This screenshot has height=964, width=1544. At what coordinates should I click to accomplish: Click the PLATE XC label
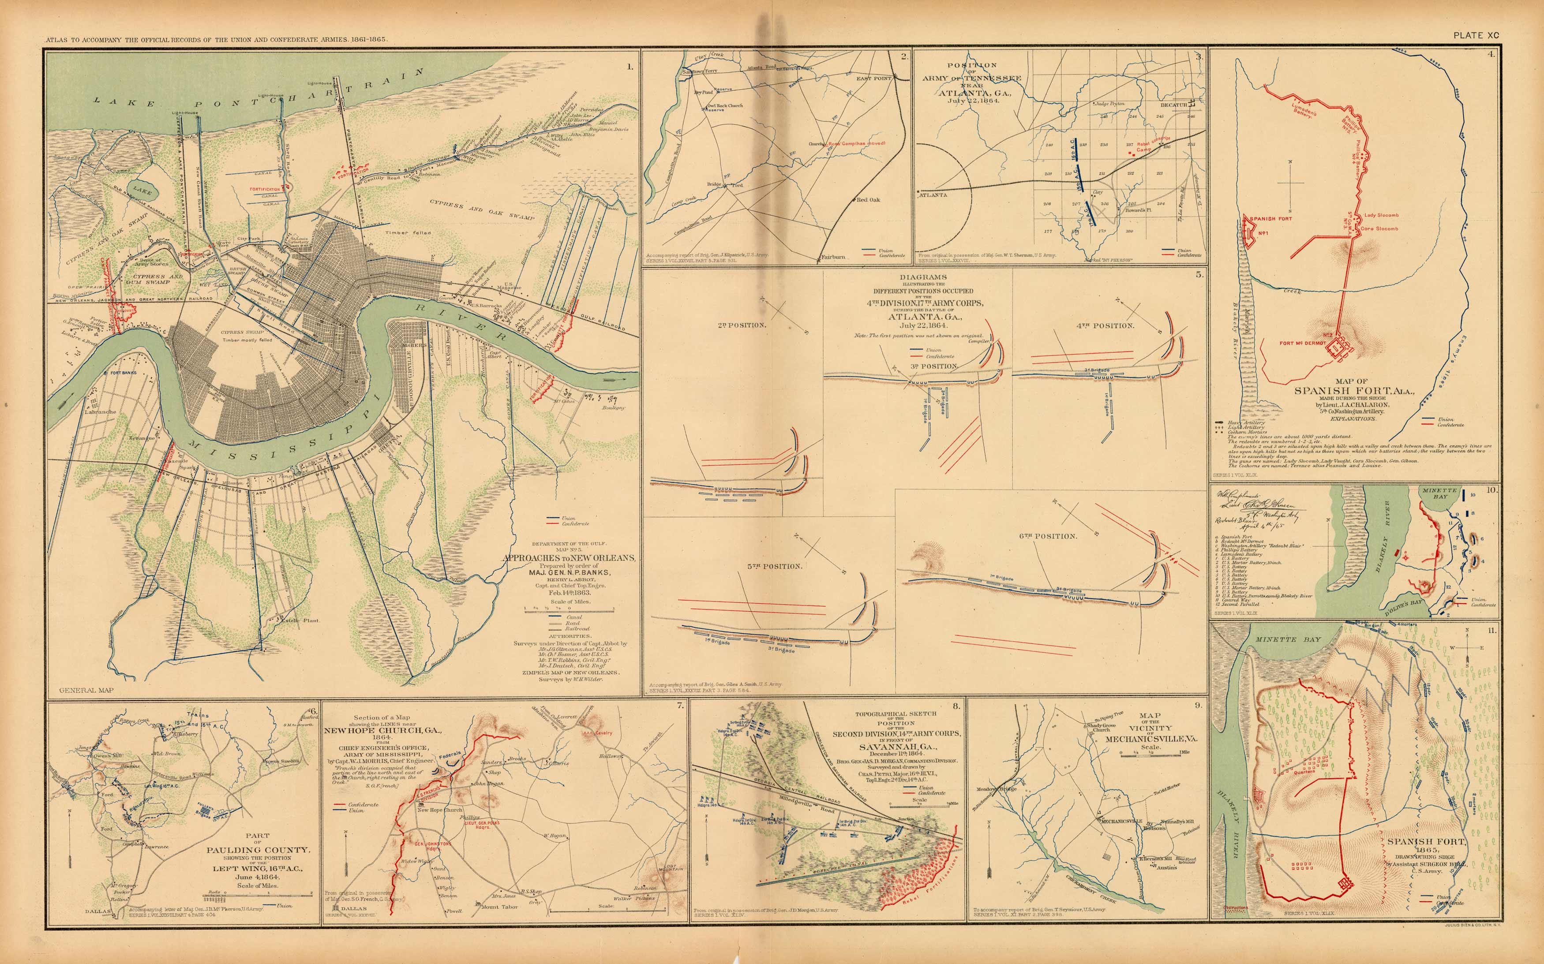(x=1476, y=36)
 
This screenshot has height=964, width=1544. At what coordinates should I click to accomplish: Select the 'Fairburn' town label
(x=833, y=257)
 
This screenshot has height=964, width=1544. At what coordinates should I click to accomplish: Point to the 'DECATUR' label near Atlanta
(x=1174, y=105)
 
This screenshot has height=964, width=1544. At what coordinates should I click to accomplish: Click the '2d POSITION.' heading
(x=741, y=325)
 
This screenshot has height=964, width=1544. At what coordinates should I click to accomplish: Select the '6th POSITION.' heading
(x=1048, y=536)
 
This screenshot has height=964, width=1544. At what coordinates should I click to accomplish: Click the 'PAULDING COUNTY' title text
(x=258, y=850)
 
